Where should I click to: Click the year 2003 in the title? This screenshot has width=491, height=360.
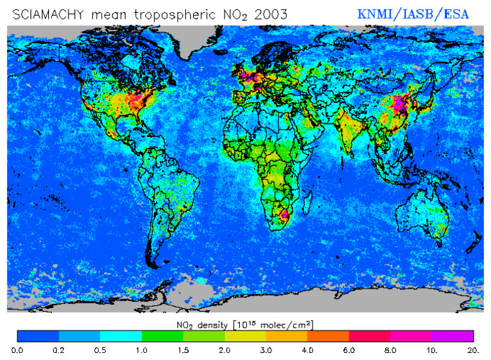click(267, 12)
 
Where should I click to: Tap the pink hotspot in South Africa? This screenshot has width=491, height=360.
click(284, 214)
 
